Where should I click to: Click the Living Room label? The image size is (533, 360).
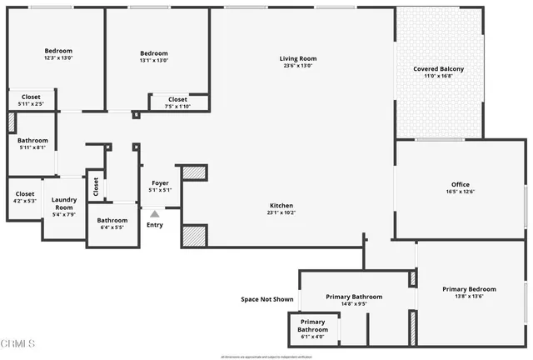(x=297, y=58)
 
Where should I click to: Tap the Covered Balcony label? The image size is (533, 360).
(x=439, y=69)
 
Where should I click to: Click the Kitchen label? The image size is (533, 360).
(x=281, y=205)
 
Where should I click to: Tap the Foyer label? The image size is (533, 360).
(x=160, y=182)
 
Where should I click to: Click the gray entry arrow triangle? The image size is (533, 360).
(x=154, y=214)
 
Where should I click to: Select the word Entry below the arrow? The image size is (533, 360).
(x=155, y=224)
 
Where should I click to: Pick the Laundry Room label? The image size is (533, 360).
(x=64, y=202)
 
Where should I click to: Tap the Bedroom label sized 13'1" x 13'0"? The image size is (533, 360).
(x=154, y=53)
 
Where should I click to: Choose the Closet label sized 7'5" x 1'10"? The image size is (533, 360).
(x=178, y=99)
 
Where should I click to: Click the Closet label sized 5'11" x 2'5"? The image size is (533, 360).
(x=31, y=97)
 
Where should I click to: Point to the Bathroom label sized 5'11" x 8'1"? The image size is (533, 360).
(x=32, y=141)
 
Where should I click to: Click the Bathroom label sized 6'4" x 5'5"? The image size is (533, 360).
(x=112, y=221)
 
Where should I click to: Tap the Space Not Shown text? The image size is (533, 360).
(x=266, y=299)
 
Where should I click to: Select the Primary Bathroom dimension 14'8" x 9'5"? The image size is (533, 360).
(x=354, y=304)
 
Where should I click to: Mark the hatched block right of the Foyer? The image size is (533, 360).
(x=194, y=172)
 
